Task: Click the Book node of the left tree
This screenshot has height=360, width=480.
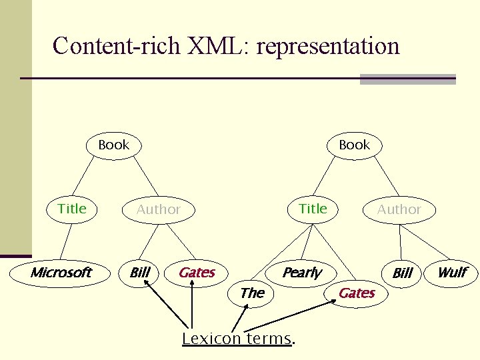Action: (x=114, y=145)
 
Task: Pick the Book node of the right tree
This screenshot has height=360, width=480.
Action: (x=354, y=145)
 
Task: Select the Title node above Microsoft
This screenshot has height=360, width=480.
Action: (x=72, y=209)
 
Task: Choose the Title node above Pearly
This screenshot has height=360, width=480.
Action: (x=313, y=209)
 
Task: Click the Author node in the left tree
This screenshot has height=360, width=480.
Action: (x=158, y=209)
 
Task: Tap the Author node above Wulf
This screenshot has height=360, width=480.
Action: (x=399, y=209)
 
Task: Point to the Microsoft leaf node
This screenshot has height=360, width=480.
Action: (x=61, y=272)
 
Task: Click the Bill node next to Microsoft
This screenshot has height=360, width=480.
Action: (x=139, y=272)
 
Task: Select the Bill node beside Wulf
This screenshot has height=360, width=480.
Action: (x=403, y=273)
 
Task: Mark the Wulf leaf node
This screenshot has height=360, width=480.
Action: (x=451, y=272)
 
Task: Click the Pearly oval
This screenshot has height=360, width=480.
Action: (x=301, y=272)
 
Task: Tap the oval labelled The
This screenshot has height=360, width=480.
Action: (x=252, y=293)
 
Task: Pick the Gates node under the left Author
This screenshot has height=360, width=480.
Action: (x=197, y=272)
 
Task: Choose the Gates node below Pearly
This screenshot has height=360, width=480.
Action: (x=357, y=293)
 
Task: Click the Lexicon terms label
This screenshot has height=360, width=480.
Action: (x=237, y=339)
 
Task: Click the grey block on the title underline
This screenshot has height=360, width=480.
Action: (x=407, y=79)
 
